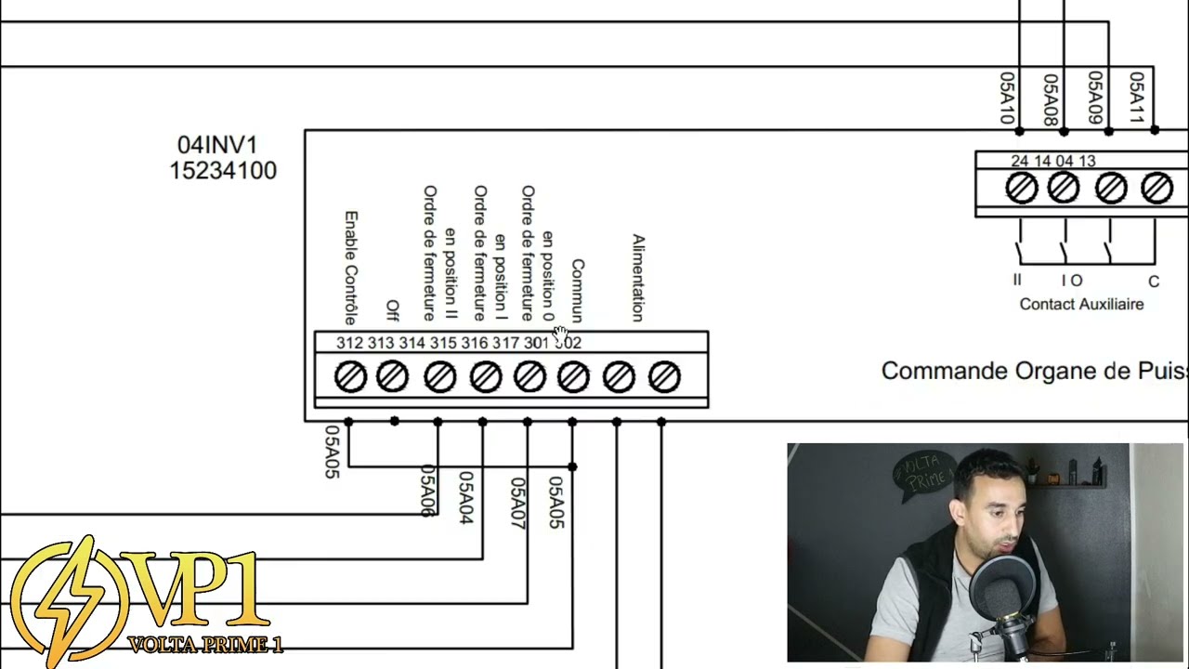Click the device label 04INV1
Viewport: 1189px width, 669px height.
[x=217, y=145]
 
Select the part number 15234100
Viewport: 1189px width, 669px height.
[x=223, y=171]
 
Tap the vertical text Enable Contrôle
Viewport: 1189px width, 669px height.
[x=351, y=268]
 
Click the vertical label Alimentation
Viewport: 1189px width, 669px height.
[x=638, y=278]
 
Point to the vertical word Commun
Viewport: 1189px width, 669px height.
[x=578, y=291]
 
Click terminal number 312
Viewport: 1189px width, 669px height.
[x=349, y=343]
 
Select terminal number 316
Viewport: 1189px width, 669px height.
[x=474, y=343]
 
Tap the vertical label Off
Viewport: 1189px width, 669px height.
[x=392, y=310]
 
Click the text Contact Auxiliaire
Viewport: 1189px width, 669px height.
[x=1081, y=304]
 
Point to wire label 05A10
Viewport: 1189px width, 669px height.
[x=1006, y=98]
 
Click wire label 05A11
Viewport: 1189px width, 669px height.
[x=1136, y=98]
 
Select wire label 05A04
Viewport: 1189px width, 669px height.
[x=465, y=497]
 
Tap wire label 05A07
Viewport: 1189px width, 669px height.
[x=517, y=503]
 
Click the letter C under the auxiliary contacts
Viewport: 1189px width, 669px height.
[x=1154, y=282]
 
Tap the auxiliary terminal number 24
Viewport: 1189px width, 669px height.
[x=1019, y=161]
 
